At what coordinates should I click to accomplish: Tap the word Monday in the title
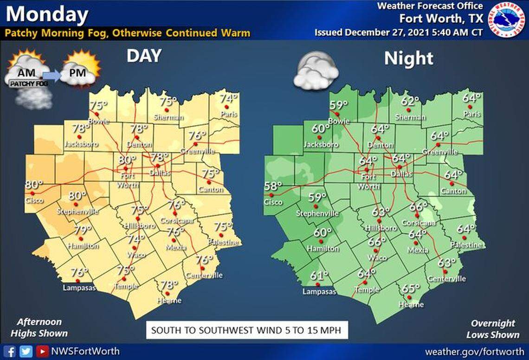47,14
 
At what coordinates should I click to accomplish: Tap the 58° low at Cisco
273,186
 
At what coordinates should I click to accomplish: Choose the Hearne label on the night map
411,304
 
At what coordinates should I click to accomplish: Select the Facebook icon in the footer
11,351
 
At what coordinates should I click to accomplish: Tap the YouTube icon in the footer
43,351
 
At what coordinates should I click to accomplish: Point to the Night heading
408,58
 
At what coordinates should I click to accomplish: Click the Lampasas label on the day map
79,288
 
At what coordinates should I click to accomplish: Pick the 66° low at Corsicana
418,207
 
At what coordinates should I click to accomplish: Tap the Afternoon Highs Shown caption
39,328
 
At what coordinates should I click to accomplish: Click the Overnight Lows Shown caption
492,329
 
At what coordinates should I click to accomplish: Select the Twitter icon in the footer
26,351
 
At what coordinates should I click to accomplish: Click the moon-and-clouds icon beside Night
316,70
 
